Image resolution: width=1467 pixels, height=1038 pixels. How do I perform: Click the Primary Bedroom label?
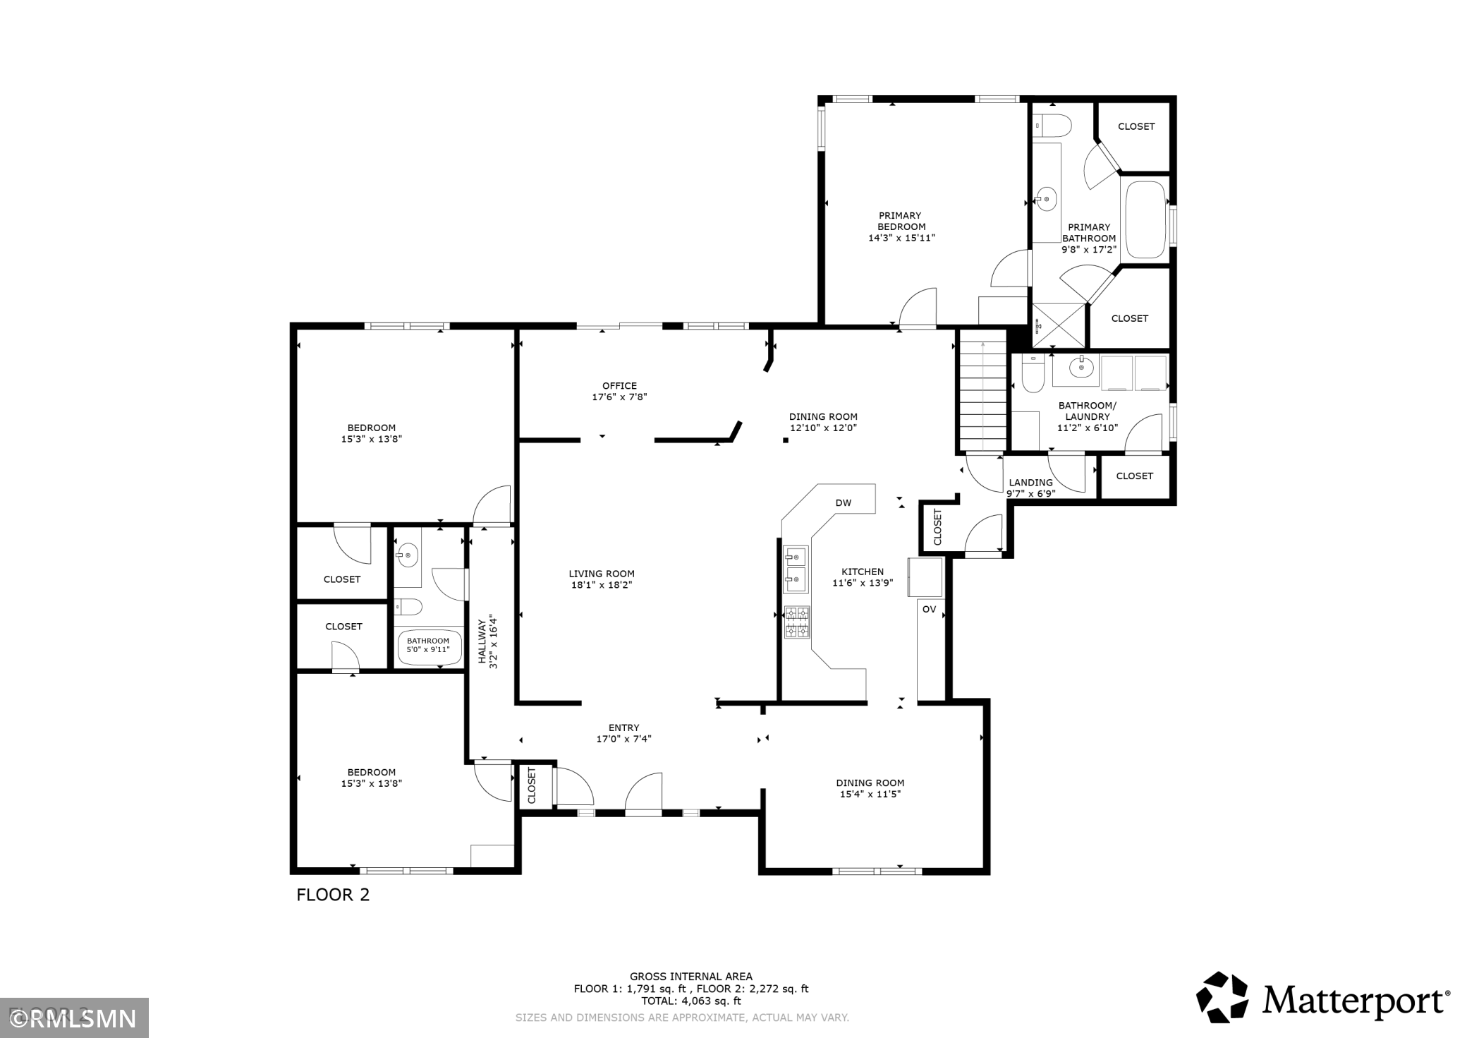(x=901, y=221)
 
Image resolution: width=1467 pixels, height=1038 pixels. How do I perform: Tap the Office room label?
(x=619, y=386)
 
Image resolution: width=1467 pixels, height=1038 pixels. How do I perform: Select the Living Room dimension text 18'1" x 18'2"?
(x=602, y=585)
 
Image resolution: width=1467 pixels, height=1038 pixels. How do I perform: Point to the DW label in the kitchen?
(x=844, y=503)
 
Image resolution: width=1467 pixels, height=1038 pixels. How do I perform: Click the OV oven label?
(x=929, y=609)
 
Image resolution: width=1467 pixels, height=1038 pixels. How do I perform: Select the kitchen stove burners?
(x=797, y=622)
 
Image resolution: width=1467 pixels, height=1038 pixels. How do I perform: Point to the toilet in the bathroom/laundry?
(x=1033, y=374)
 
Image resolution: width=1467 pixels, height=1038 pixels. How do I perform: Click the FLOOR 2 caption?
(x=333, y=895)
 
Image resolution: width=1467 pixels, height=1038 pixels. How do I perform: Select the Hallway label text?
(x=482, y=641)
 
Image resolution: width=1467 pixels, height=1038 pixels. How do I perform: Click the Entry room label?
(x=623, y=728)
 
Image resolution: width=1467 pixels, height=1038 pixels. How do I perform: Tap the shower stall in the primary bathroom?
(x=1059, y=325)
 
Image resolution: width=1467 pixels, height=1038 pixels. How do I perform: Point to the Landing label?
(x=1030, y=483)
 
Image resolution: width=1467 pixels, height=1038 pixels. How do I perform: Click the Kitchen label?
(x=863, y=572)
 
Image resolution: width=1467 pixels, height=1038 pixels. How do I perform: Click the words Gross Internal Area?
(x=691, y=977)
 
